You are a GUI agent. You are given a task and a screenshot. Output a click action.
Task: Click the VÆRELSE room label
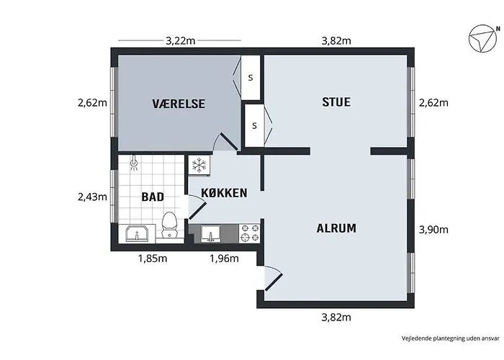click(x=179, y=104)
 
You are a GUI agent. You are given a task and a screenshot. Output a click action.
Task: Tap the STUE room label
click(x=336, y=102)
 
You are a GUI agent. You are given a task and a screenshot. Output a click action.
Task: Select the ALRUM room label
click(x=336, y=228)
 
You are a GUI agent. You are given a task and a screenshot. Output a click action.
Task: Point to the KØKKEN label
click(x=224, y=193)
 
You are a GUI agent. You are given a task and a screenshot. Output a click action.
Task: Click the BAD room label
click(x=153, y=197)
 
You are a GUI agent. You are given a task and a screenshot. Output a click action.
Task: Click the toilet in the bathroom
click(x=169, y=225)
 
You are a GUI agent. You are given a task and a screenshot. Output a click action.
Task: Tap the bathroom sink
click(x=137, y=234)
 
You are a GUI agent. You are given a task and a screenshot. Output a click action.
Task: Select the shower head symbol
click(x=134, y=163)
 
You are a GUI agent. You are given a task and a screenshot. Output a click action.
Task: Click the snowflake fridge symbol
click(x=199, y=165)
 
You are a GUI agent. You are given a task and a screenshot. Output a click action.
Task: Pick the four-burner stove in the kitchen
click(x=250, y=233)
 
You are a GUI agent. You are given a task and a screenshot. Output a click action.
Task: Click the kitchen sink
click(x=210, y=233)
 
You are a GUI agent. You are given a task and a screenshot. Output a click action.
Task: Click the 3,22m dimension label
click(x=180, y=41)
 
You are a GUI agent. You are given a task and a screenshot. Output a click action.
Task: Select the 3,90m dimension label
click(x=433, y=230)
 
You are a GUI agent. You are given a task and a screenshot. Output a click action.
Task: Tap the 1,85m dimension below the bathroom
click(x=153, y=258)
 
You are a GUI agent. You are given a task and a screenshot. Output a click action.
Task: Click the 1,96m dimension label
click(x=224, y=258)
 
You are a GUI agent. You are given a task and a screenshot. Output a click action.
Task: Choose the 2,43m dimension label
click(x=92, y=197)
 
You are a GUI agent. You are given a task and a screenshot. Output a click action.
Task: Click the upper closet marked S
click(x=251, y=78)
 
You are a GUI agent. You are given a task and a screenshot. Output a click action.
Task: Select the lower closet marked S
click(x=254, y=125)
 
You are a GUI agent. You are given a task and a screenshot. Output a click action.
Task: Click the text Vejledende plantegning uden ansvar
click(x=451, y=338)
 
